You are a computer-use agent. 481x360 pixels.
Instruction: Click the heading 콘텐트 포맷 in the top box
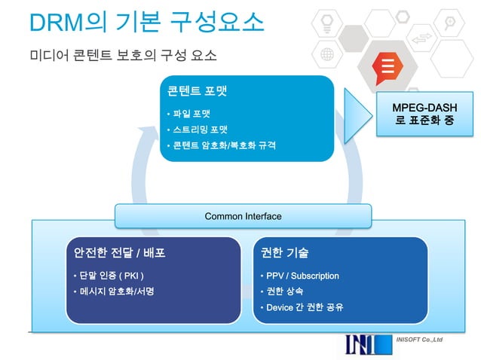point(197,91)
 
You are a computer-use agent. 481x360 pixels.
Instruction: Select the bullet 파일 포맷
point(191,114)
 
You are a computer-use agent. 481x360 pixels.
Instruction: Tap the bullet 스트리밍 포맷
point(201,129)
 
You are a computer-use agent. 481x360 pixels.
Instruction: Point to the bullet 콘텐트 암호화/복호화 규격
point(223,144)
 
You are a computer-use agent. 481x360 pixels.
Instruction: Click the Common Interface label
point(243,216)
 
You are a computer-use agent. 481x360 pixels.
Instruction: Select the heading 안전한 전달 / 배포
point(115,252)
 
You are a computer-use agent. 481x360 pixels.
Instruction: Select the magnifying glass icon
point(448,20)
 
